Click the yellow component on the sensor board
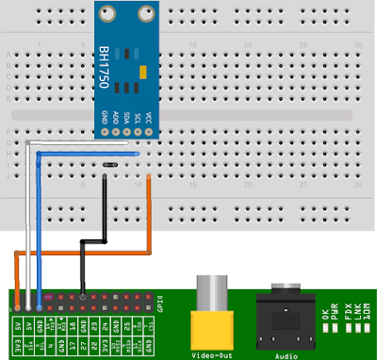click(x=141, y=72)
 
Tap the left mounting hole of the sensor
click(x=107, y=15)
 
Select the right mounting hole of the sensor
click(x=144, y=15)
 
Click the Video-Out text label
click(x=211, y=354)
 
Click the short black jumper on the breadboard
click(x=109, y=164)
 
